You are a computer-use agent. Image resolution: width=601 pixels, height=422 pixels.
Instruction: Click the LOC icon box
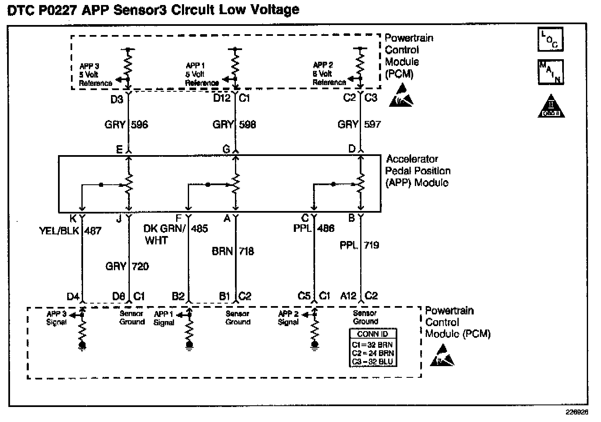[550, 39]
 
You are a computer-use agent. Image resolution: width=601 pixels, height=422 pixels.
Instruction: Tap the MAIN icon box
[550, 72]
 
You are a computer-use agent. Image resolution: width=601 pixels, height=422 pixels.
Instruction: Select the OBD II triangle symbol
[551, 106]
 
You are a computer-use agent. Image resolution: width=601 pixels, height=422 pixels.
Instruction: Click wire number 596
[139, 124]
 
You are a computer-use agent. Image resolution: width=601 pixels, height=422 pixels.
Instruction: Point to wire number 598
[247, 124]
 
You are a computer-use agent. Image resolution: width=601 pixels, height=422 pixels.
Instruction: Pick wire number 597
[372, 124]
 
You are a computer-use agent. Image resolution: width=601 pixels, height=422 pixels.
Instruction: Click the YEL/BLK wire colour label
[59, 231]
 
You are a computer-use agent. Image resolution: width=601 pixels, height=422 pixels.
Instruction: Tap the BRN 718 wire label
[233, 251]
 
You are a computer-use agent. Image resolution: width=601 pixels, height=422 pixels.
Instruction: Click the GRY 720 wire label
[127, 266]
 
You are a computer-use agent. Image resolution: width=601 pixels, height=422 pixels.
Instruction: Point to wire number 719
[371, 245]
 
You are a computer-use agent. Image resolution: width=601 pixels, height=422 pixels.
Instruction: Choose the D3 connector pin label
[116, 99]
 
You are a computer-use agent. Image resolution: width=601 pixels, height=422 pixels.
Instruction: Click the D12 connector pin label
[222, 98]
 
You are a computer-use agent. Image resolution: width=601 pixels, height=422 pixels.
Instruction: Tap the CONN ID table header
[372, 334]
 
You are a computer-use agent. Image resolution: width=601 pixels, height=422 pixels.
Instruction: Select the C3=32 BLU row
[372, 362]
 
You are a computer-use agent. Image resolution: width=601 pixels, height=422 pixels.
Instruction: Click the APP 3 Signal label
[56, 318]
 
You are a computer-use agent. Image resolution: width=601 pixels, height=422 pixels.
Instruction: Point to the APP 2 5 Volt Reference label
[328, 74]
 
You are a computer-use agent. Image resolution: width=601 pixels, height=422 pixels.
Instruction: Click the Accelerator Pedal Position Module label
[418, 171]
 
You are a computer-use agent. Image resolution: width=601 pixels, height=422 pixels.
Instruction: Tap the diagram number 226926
[577, 412]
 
